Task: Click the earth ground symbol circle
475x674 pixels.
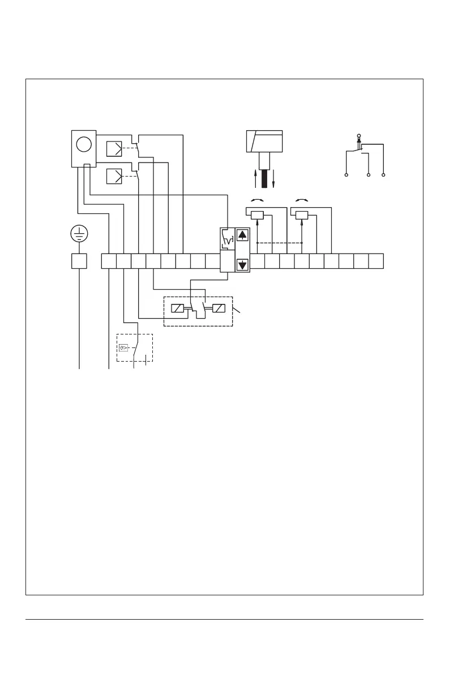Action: click(x=79, y=233)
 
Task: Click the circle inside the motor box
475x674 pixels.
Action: click(x=84, y=144)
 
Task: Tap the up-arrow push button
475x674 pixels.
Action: click(x=242, y=235)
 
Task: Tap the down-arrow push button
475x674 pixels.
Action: click(x=242, y=264)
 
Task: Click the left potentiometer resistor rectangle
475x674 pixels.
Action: click(x=258, y=215)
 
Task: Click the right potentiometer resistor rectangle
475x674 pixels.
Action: click(x=302, y=215)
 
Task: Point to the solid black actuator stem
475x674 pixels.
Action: click(x=264, y=173)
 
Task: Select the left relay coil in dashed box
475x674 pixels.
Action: click(x=178, y=309)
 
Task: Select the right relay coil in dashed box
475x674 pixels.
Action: click(x=217, y=309)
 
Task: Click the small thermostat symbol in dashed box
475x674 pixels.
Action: click(x=124, y=348)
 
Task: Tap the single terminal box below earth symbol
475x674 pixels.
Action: click(x=79, y=261)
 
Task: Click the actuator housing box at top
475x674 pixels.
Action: click(x=264, y=141)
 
